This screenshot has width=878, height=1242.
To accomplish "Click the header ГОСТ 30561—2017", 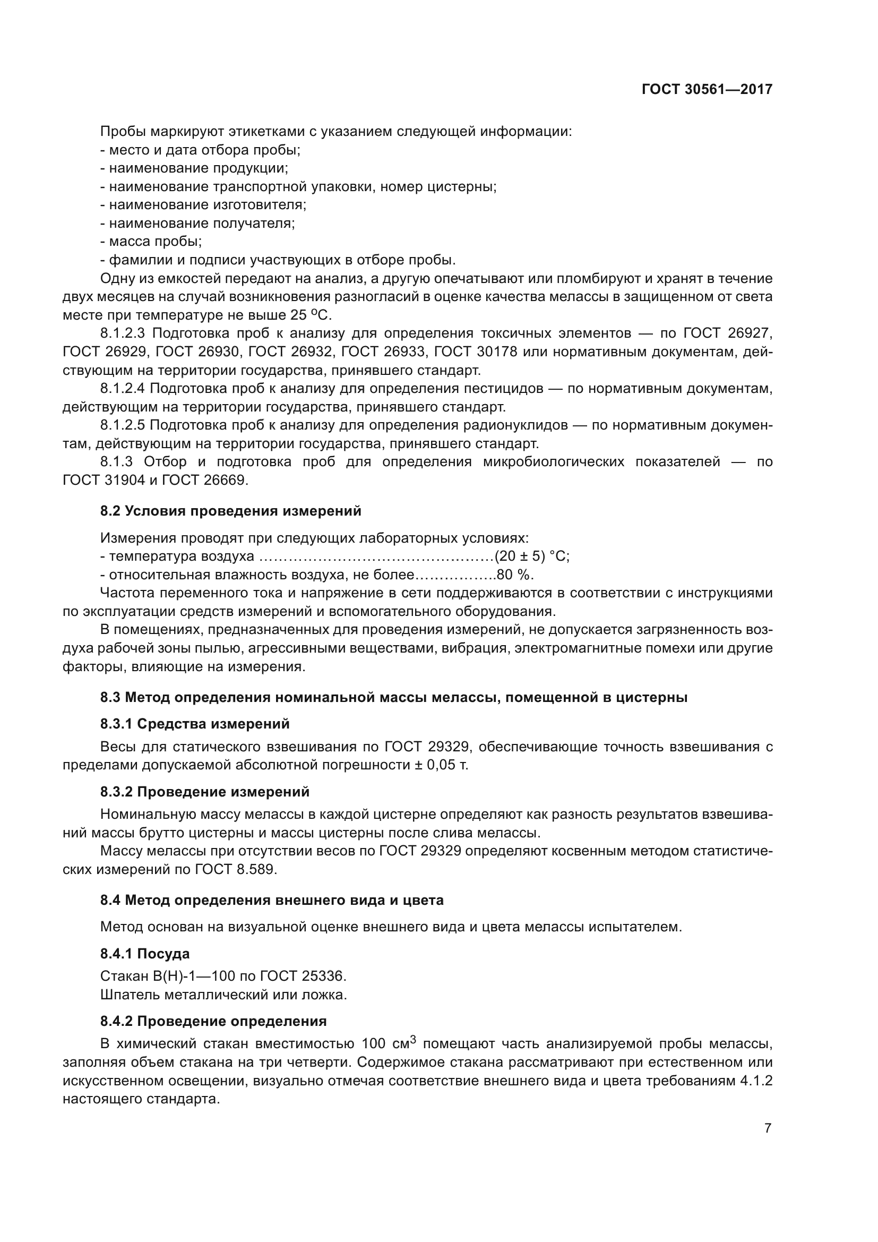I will coord(707,89).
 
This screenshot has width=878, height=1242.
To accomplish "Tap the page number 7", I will coord(767,1128).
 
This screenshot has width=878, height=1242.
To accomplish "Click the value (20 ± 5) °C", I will coord(531,556).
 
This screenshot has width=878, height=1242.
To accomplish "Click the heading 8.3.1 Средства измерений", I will coord(195,724).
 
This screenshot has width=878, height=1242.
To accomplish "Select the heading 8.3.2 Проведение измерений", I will coord(204,792).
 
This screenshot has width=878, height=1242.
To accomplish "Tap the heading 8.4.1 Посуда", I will coord(144,953).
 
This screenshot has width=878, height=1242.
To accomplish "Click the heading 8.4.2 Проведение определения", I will coord(213,1021).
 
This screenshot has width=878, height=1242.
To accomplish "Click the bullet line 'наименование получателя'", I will coord(198,223).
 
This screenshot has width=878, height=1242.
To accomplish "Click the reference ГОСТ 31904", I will coord(103,480).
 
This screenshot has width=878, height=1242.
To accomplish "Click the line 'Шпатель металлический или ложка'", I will coord(223,994).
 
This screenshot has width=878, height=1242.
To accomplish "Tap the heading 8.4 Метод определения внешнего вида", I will coord(271,900).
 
